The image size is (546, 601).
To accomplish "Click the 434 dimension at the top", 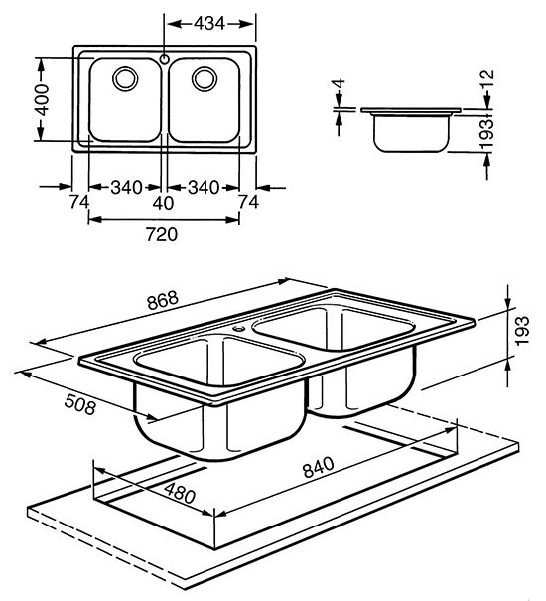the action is (x=209, y=24).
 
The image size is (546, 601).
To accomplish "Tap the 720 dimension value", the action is (x=162, y=234).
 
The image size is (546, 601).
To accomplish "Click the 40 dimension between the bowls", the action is (x=163, y=203).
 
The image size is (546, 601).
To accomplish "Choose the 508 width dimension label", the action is (x=79, y=404).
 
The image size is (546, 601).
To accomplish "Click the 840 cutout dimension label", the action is (x=319, y=467).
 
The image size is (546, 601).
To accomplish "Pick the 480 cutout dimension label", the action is (x=180, y=492).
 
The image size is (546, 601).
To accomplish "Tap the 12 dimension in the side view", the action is (x=487, y=79).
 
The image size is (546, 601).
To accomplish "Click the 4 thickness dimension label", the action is (x=340, y=84).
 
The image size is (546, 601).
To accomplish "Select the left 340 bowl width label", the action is (x=126, y=188).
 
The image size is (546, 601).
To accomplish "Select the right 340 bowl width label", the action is (x=204, y=188).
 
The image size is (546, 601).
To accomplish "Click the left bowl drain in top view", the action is (x=125, y=78).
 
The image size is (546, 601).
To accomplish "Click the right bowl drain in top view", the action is (x=205, y=78).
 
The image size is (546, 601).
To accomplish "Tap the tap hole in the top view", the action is (x=165, y=59).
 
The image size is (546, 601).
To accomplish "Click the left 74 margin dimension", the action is (x=79, y=202).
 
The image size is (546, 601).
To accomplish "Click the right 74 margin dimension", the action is (x=249, y=202).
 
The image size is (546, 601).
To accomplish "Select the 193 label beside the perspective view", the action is (x=522, y=330).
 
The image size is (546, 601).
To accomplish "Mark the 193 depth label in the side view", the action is (x=487, y=134).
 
